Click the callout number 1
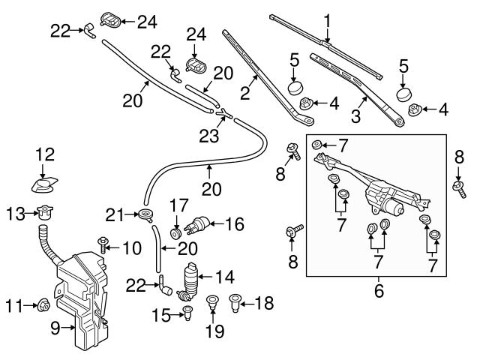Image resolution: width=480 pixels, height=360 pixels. pyautogui.click(x=327, y=19)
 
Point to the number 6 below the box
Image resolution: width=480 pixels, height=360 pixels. pyautogui.click(x=379, y=288)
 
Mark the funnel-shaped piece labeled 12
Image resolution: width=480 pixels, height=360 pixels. pyautogui.click(x=46, y=184)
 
